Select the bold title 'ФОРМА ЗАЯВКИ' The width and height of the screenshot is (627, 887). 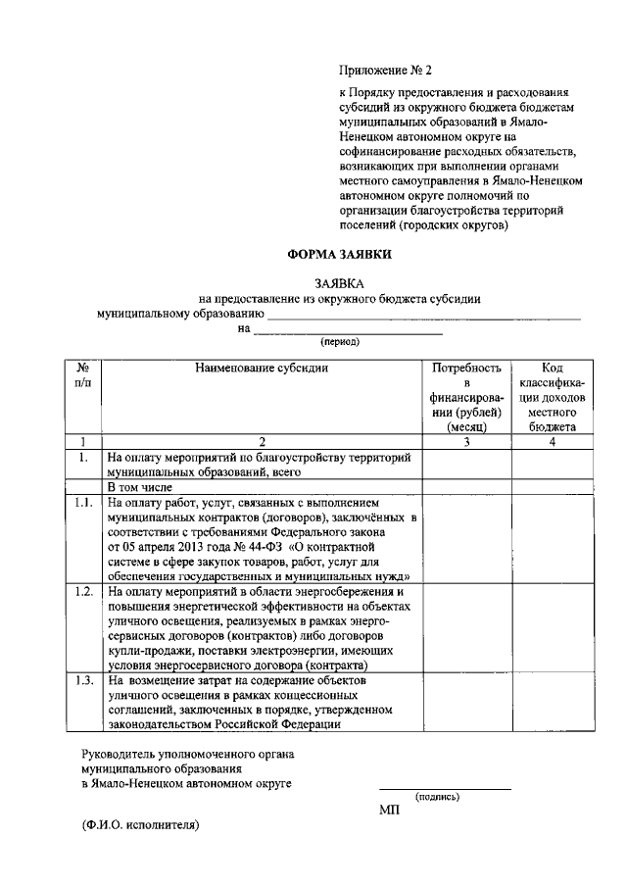tap(339, 253)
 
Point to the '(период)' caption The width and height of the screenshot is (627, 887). tap(340, 342)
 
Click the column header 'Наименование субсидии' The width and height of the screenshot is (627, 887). tap(262, 369)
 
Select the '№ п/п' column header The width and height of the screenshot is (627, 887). tap(83, 375)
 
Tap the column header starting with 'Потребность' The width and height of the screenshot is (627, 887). tap(466, 397)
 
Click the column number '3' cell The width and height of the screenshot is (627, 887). tap(466, 442)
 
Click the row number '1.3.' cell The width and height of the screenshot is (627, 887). tap(83, 680)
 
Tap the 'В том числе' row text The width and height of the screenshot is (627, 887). tap(140, 486)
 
